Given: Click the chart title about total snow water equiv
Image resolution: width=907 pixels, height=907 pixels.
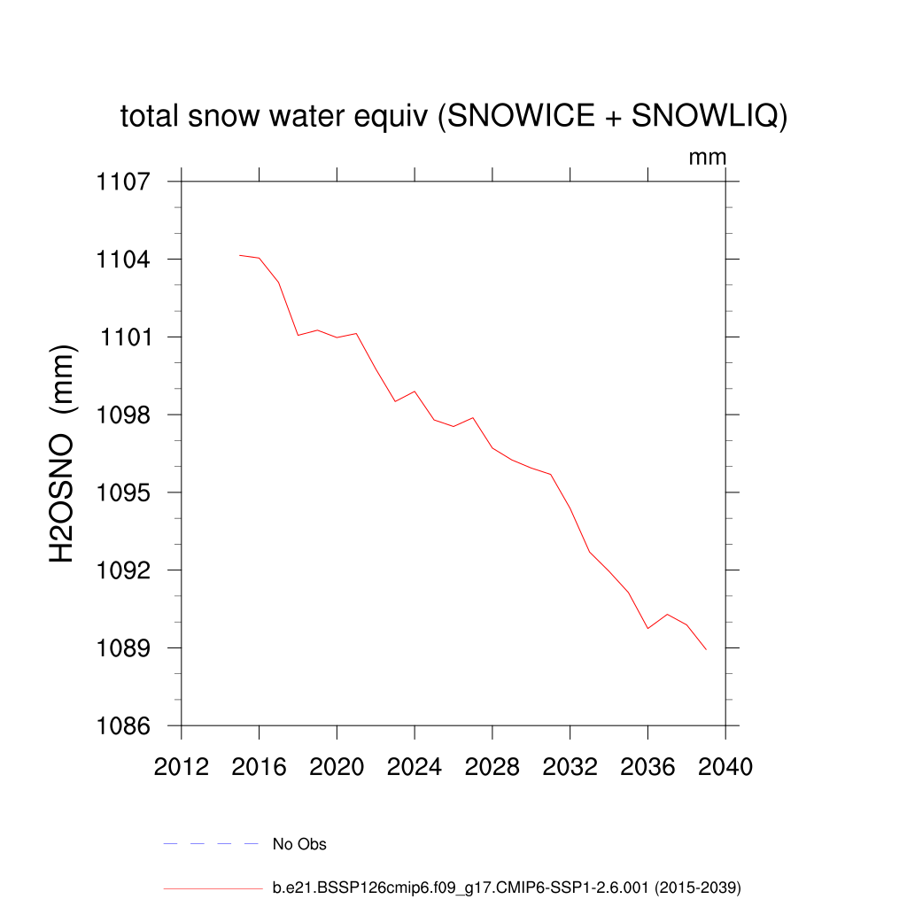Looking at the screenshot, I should [x=453, y=116].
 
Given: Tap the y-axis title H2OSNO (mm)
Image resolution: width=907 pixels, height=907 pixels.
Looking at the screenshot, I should [x=62, y=453].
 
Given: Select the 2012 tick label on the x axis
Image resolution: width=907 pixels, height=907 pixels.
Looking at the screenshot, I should [x=182, y=767].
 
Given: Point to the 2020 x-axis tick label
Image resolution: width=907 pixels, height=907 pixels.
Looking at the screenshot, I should [x=337, y=767].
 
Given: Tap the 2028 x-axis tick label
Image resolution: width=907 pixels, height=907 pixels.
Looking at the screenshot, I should [x=492, y=767].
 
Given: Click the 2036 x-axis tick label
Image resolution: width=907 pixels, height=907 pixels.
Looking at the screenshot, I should [x=647, y=767].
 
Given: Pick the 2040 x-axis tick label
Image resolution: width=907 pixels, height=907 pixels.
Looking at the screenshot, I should [x=725, y=767].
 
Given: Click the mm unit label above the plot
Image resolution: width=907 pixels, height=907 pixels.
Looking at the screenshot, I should [x=708, y=158].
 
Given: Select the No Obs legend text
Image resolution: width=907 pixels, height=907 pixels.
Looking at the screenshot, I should [x=299, y=844].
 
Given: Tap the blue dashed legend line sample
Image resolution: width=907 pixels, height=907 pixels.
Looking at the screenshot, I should [x=210, y=844].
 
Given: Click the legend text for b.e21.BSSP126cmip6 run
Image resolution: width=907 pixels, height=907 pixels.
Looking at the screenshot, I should [x=506, y=887].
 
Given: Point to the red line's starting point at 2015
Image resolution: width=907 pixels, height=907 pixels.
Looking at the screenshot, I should [x=240, y=255].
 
